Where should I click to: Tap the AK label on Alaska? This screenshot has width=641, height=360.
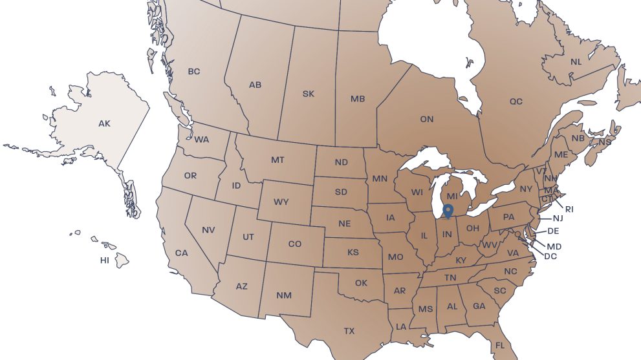tap(104, 123)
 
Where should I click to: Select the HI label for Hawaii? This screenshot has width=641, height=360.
tap(104, 260)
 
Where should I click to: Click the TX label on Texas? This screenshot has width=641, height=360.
tap(349, 331)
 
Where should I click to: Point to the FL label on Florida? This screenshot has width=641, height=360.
tap(499, 346)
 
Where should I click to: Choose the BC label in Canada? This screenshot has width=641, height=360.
tap(194, 72)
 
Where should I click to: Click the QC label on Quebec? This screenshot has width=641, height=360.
tap(516, 101)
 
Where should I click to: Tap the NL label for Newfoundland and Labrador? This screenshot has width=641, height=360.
tap(576, 62)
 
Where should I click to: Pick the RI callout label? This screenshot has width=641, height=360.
tap(569, 209)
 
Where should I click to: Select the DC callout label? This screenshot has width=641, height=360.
tap(550, 256)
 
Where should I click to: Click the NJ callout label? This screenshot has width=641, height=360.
tap(558, 218)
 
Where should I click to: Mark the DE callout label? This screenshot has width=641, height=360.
tap(553, 231)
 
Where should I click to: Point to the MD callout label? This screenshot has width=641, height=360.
tap(554, 247)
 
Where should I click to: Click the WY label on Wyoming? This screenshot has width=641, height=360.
tap(281, 202)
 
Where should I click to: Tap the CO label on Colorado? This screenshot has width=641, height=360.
tap(295, 244)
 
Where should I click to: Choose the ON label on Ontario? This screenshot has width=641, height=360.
tap(427, 120)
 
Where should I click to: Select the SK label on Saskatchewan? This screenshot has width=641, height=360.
tap(309, 94)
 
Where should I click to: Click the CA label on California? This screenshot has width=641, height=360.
tap(181, 253)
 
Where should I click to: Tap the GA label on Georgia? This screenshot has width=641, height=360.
tap(479, 306)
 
